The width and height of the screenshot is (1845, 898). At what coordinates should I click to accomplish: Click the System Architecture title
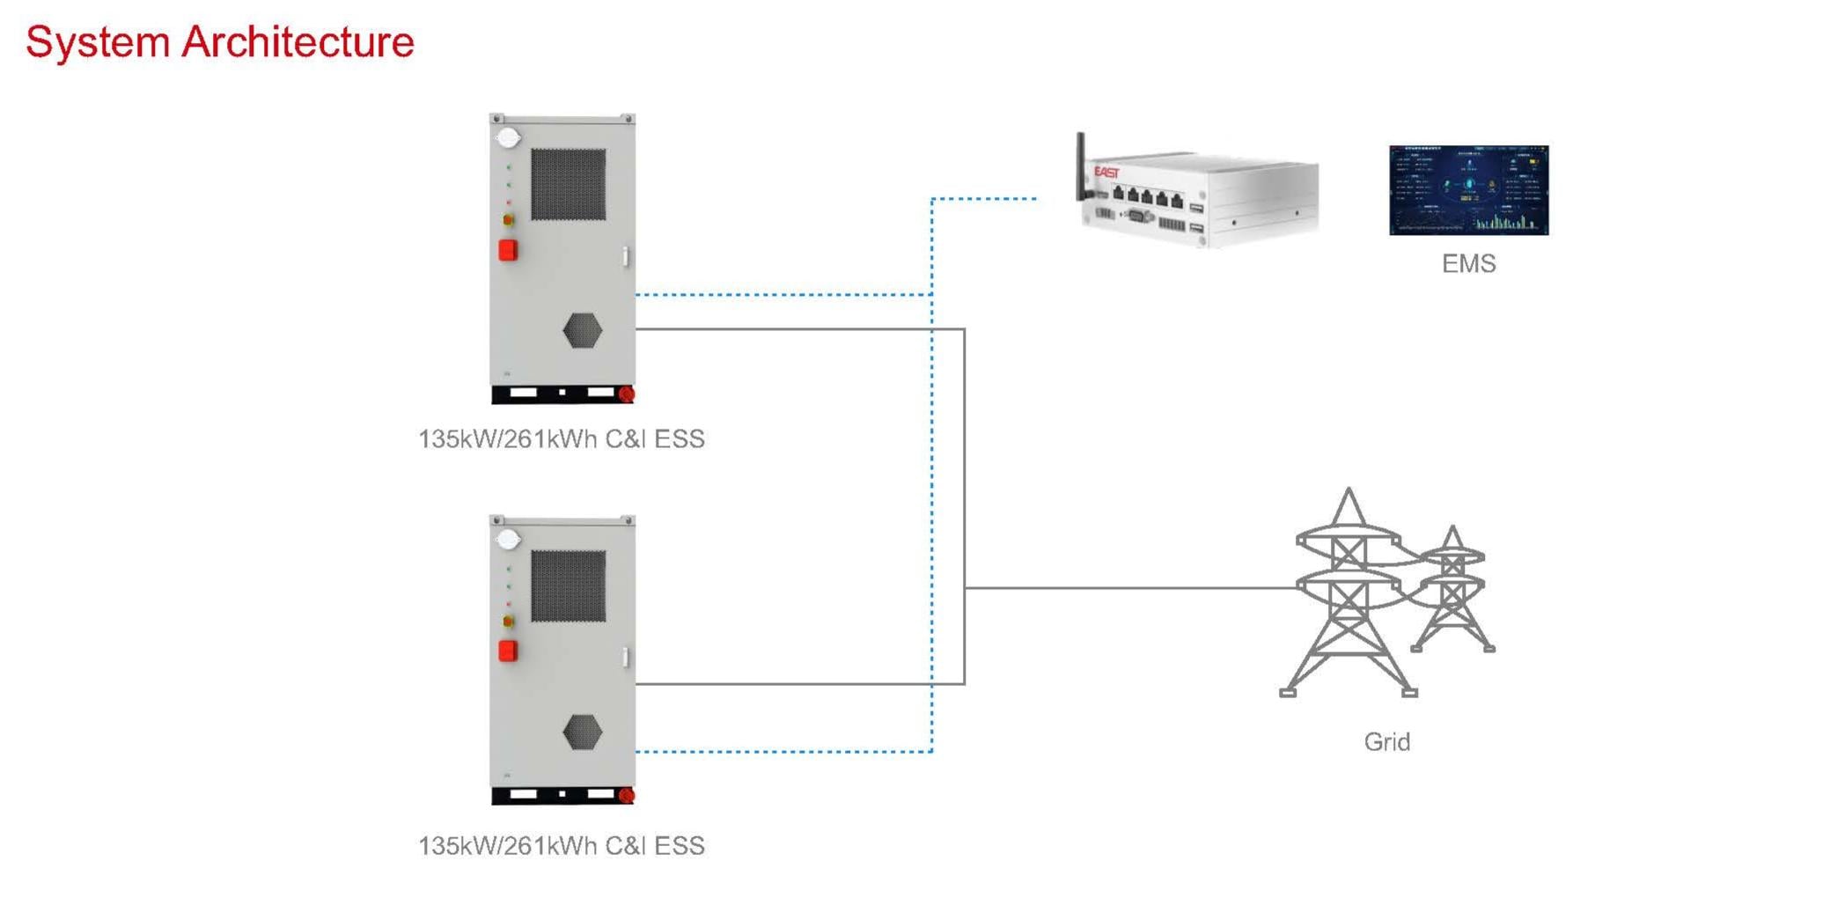(220, 42)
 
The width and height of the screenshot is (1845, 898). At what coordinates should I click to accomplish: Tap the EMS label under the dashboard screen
(1468, 264)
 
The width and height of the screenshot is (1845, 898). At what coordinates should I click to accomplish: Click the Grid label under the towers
(1386, 742)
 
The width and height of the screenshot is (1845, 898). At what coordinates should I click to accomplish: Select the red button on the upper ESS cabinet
(508, 250)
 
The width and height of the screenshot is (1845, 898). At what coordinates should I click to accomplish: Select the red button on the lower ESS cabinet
(508, 651)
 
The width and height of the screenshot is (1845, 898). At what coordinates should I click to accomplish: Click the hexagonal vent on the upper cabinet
(582, 331)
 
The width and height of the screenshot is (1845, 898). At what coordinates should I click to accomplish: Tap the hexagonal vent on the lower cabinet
(582, 732)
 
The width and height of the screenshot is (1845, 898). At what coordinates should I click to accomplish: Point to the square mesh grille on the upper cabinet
(568, 184)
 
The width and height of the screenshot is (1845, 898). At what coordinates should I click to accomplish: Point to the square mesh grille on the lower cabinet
(568, 586)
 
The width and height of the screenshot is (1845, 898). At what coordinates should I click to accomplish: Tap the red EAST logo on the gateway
(1106, 173)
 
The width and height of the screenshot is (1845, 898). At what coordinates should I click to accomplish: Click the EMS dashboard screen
(1468, 190)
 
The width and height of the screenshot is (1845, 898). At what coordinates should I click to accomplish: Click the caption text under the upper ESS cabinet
(562, 439)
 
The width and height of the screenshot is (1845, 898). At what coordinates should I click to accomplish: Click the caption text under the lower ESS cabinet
(562, 846)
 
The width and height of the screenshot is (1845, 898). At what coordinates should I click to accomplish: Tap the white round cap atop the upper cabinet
(509, 137)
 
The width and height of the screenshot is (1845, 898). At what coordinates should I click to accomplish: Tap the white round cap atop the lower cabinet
(509, 539)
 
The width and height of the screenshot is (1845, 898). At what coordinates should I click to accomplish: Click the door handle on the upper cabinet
(626, 256)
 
